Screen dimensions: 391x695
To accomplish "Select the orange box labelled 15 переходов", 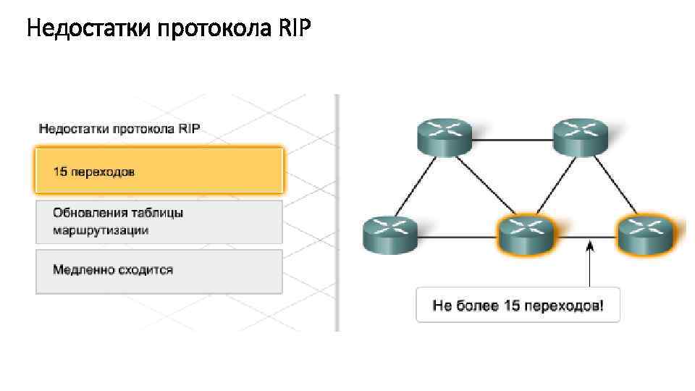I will [159, 172].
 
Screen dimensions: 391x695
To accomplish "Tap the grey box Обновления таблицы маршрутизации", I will [159, 222].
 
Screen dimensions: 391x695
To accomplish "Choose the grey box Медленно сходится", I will [159, 271].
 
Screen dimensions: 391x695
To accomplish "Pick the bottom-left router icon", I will [389, 233].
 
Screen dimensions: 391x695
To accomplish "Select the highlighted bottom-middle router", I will [526, 233].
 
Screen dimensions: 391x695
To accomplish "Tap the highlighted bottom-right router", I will [645, 233].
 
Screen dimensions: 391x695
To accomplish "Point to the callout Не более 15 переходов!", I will [518, 306].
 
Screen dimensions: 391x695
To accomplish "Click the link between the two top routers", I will [512, 138].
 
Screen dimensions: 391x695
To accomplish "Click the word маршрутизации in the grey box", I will [101, 230].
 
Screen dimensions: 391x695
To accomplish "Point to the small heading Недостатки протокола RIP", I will [119, 130].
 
